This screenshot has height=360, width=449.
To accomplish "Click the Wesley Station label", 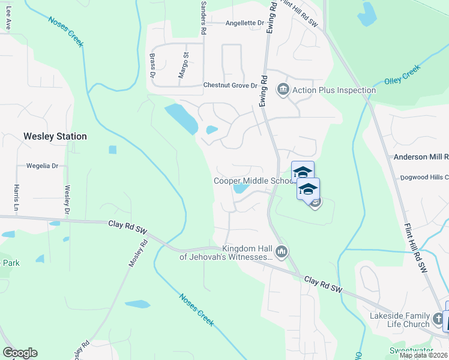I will point(55,136).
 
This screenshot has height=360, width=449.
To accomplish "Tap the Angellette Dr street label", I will point(245,23).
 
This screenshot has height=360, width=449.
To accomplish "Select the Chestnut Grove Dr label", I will point(234,86).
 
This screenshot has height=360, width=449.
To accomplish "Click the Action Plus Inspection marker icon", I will point(283,90).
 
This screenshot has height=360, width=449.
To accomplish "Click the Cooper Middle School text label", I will point(253,181).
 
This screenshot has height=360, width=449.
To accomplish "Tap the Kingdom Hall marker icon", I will point(280,251).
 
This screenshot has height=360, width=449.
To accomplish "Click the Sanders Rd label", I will point(203,16).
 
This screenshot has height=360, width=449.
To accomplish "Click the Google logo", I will point(20,353).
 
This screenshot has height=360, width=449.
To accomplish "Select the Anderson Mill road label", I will point(421,157).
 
